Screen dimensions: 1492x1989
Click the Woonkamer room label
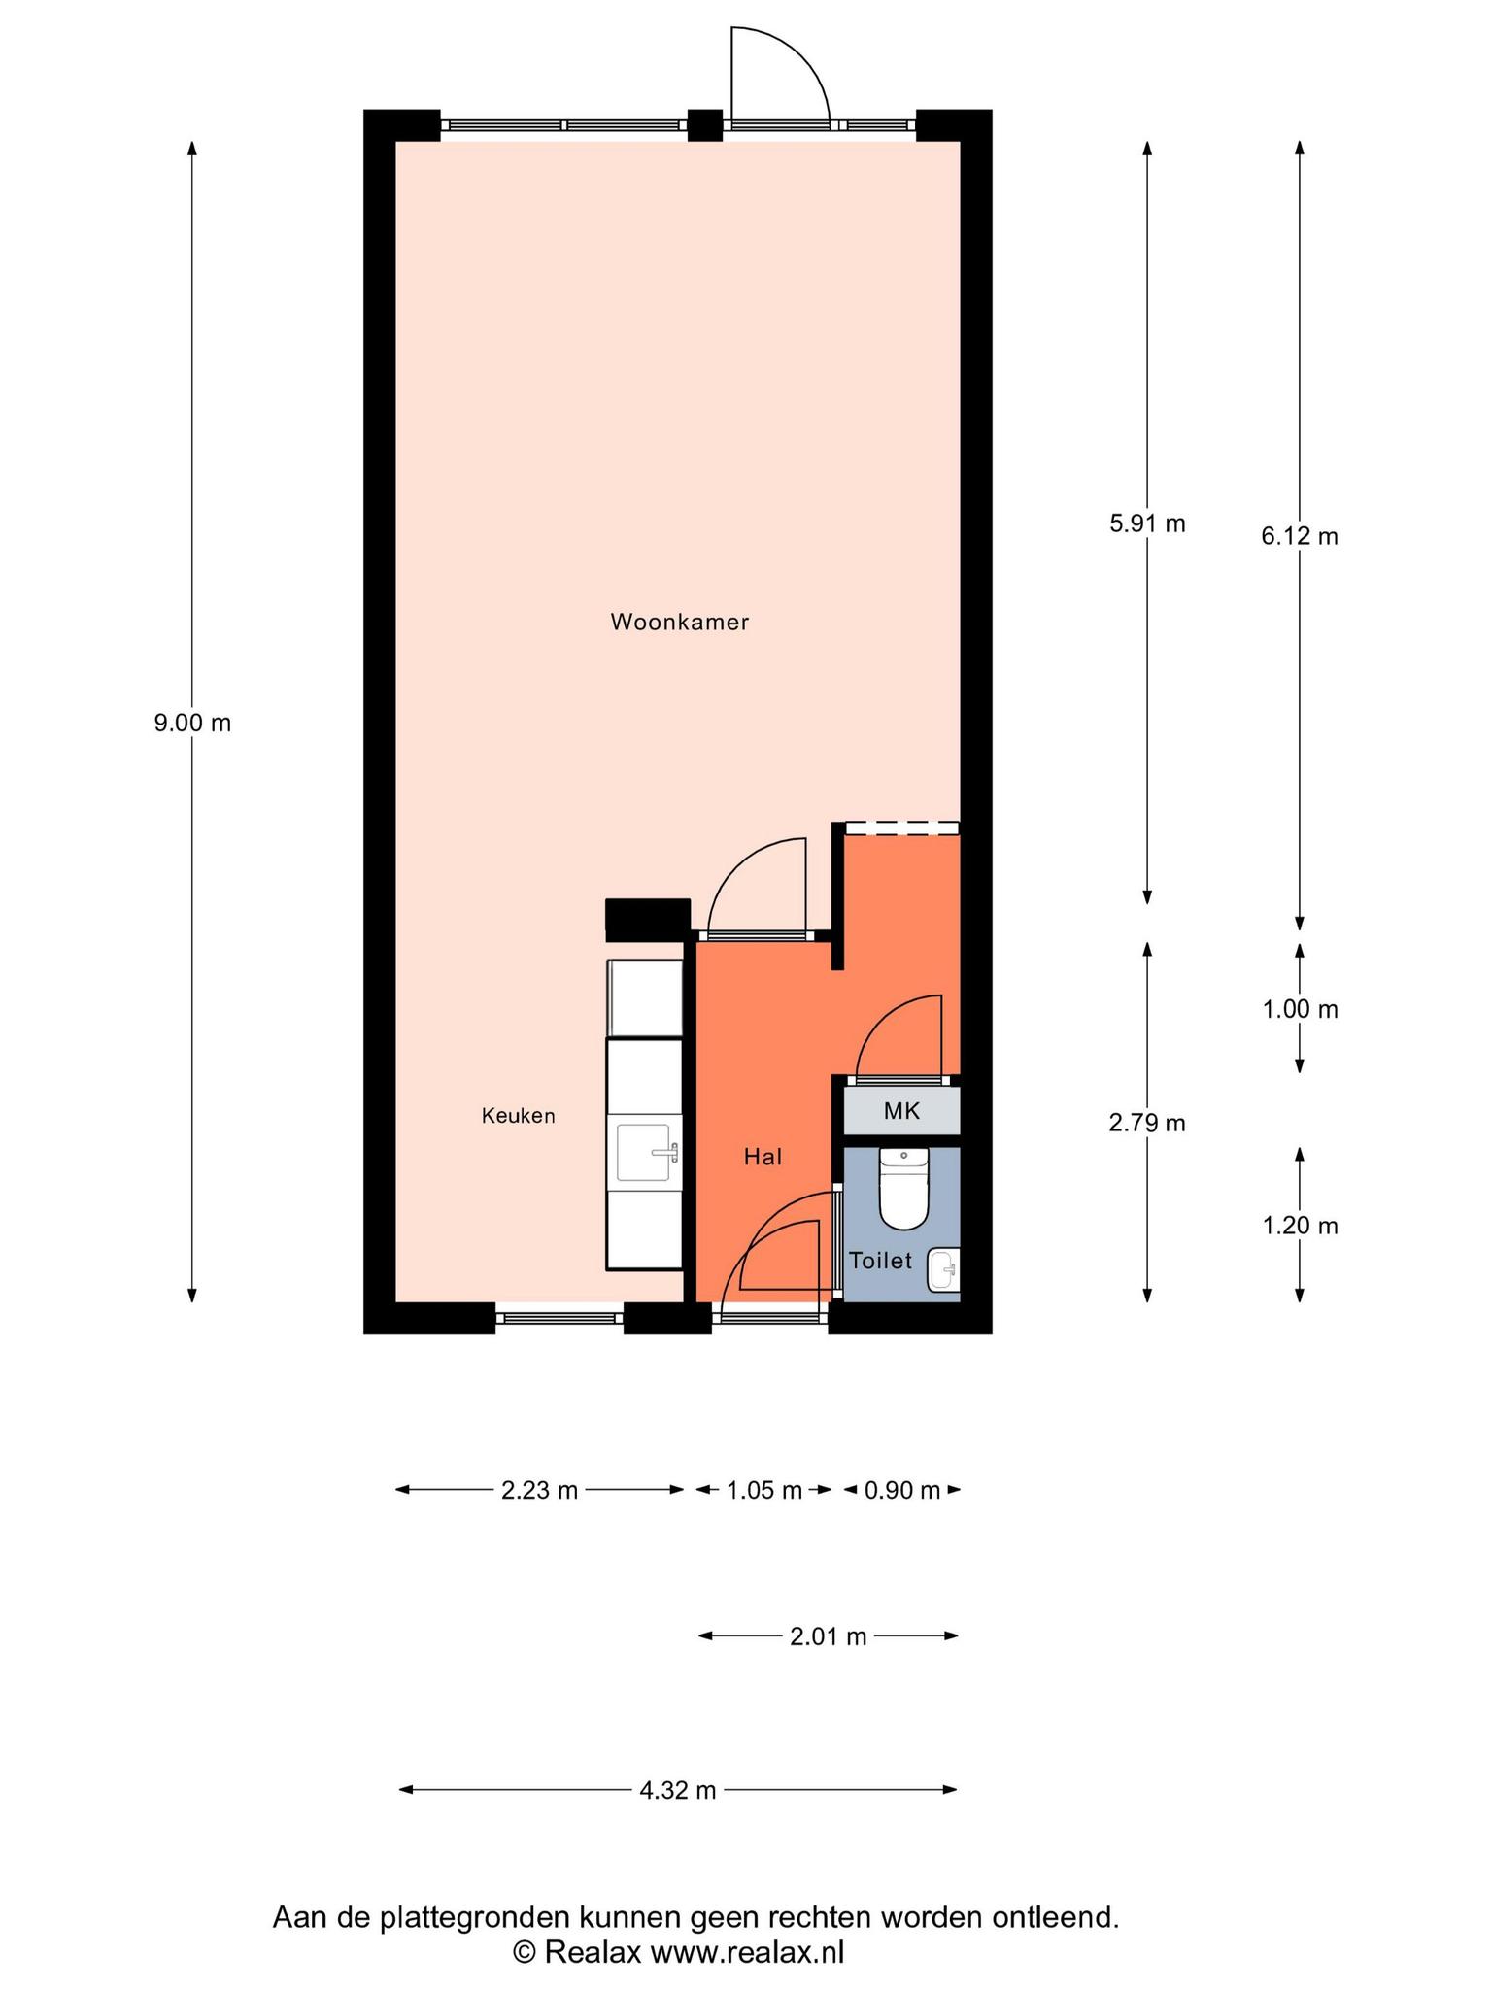click(679, 623)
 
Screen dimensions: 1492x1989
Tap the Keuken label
click(519, 1116)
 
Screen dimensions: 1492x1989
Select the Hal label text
click(763, 1157)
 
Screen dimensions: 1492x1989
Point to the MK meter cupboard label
click(901, 1111)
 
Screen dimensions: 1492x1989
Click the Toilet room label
click(881, 1261)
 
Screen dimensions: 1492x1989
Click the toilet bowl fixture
click(904, 1188)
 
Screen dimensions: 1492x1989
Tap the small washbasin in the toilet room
click(943, 1269)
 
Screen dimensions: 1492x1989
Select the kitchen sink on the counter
click(648, 1153)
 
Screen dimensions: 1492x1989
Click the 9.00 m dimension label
click(192, 723)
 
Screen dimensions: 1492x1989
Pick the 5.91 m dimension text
click(1147, 523)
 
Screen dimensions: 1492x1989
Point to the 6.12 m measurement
click(1300, 536)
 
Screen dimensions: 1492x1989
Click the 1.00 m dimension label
click(1300, 1010)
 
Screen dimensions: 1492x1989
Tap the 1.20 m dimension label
click(1300, 1227)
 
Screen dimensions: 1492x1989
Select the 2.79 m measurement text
click(1147, 1124)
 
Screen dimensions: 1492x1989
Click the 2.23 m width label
click(539, 1490)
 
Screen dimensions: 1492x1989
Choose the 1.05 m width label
click(764, 1490)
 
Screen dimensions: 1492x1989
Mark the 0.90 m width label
click(902, 1490)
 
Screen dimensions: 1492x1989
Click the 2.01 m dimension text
click(828, 1636)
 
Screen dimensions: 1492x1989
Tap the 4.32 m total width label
click(678, 1790)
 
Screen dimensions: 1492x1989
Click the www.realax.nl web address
click(747, 1952)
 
